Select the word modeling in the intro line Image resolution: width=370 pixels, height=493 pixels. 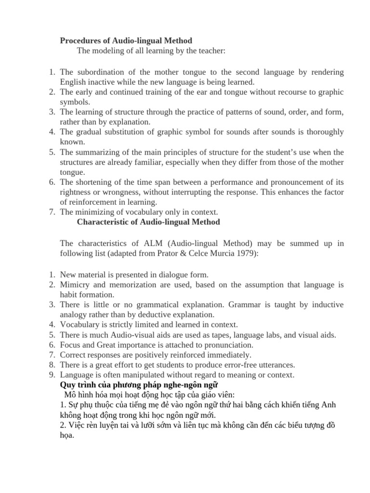point(106,51)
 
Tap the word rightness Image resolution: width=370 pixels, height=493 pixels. point(75,192)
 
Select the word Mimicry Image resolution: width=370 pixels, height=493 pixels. point(76,285)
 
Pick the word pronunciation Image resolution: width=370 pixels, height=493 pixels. point(228,345)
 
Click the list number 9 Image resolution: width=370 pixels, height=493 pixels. point(53,375)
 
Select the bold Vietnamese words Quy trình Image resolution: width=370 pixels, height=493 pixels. point(77,385)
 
